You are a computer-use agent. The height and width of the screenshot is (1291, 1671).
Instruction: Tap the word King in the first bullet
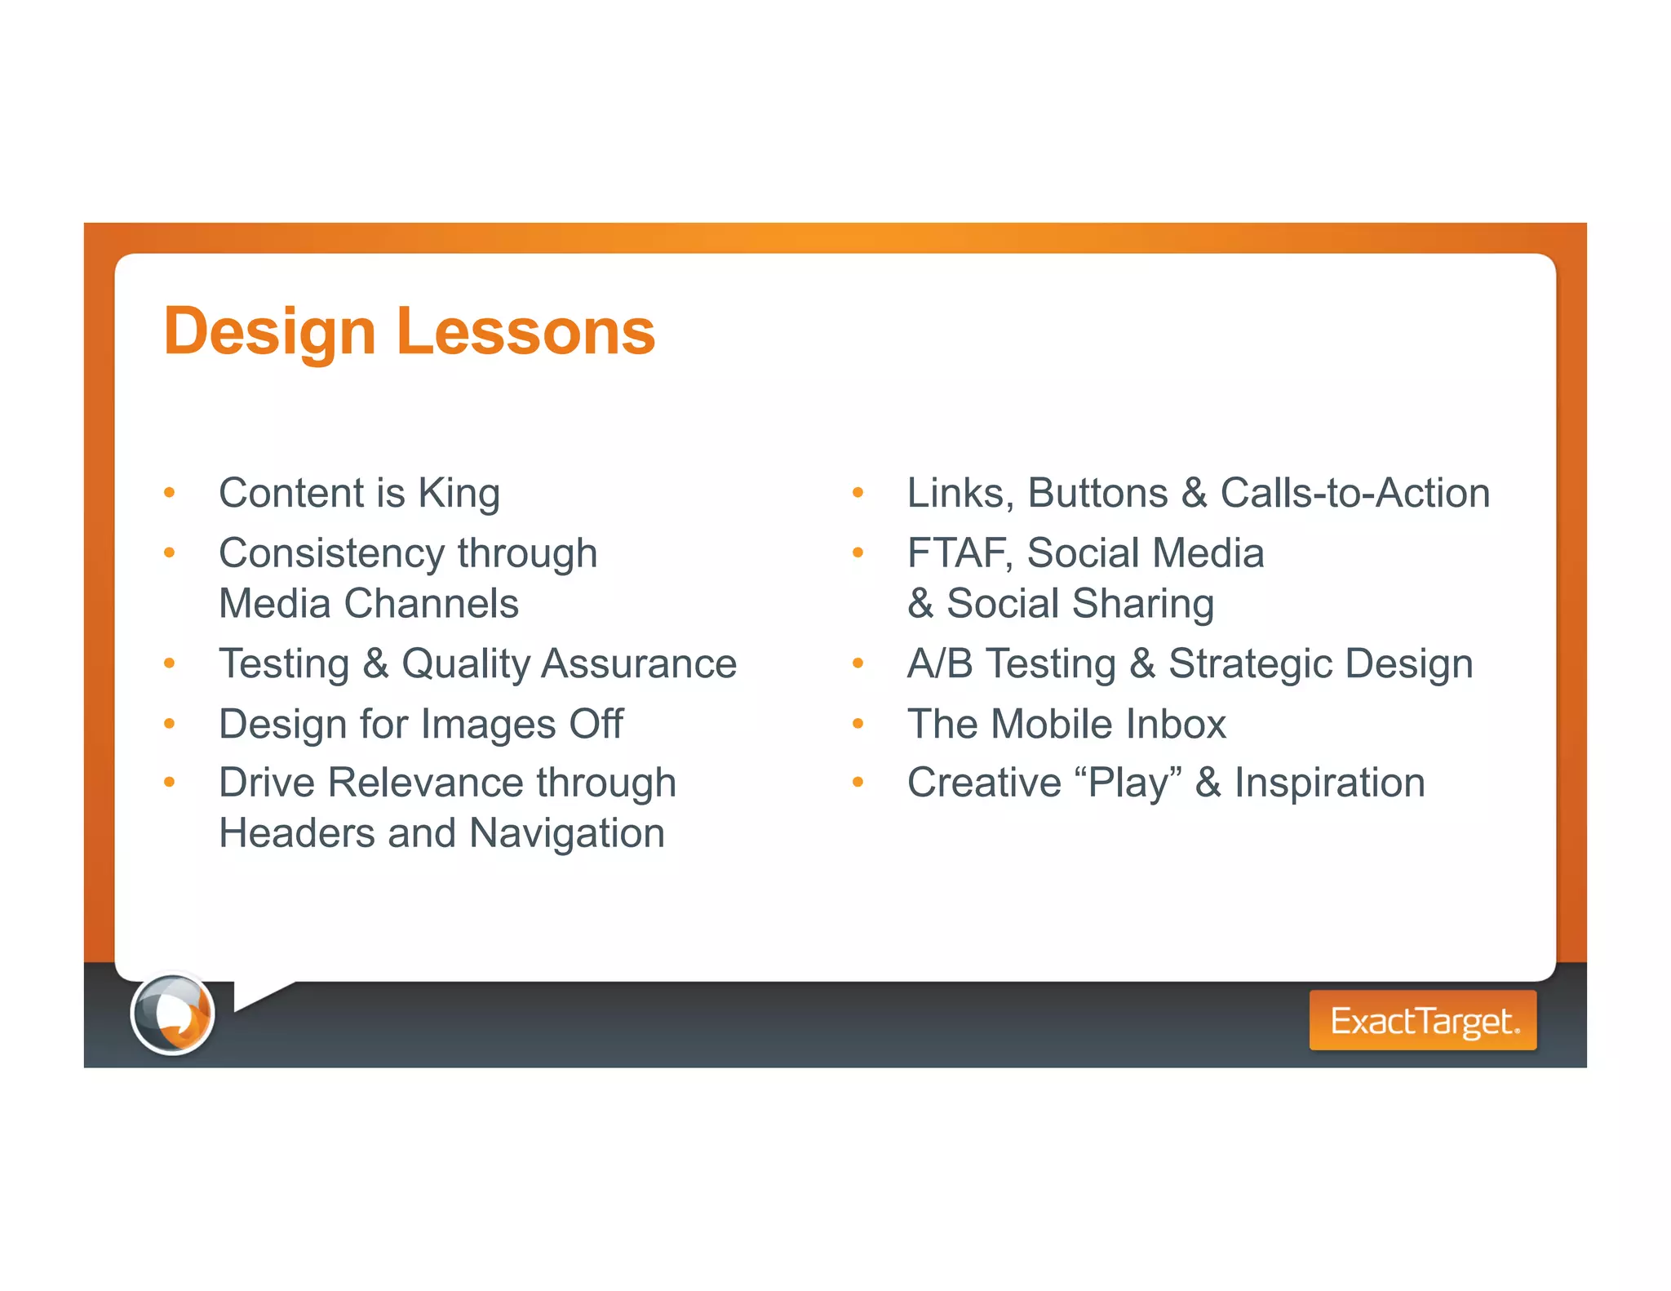tap(459, 494)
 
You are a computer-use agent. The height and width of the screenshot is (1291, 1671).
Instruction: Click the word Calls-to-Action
tap(1354, 494)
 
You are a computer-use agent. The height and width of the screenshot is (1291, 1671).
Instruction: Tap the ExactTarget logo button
tap(1422, 1020)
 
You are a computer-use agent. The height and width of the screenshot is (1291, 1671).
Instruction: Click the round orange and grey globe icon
tap(172, 1014)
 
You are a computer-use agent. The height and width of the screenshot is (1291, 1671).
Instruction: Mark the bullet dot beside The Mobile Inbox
tap(858, 724)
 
